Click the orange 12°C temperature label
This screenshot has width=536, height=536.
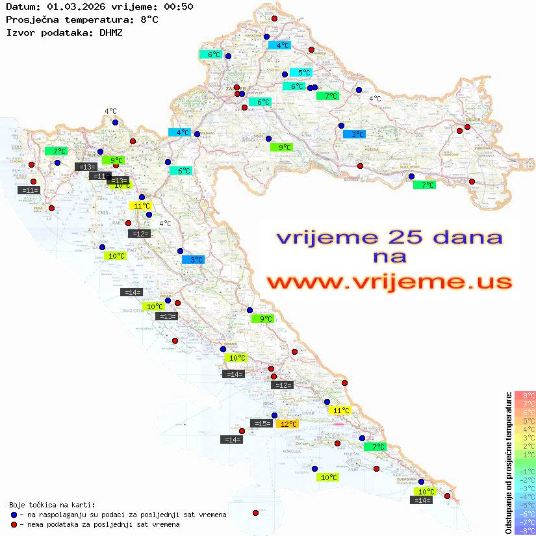coord(287,424)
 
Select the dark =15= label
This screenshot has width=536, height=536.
coord(261,424)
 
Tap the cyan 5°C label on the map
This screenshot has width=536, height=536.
coord(301,73)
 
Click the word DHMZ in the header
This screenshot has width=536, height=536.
coord(111,32)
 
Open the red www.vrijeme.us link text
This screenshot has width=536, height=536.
coord(389,283)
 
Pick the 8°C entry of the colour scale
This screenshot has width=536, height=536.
coord(525,396)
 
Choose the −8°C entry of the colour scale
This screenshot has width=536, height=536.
coord(525,530)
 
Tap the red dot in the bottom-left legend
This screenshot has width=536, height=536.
coord(14,524)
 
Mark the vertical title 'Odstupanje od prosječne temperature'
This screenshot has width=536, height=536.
coord(508,463)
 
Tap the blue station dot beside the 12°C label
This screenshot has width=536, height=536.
coord(274,416)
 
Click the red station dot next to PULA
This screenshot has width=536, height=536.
coord(52,208)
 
